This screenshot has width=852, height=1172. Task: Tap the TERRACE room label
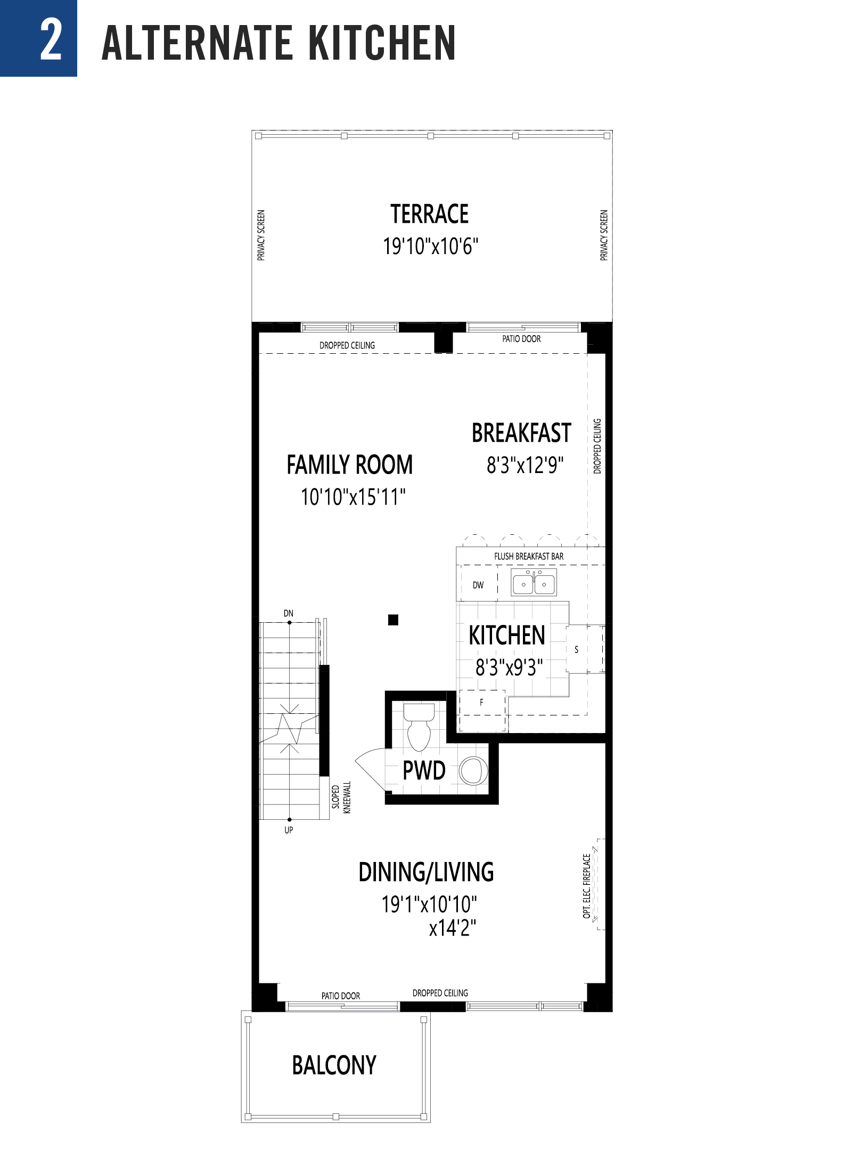click(x=429, y=214)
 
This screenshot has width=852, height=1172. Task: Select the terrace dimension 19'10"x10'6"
click(x=430, y=247)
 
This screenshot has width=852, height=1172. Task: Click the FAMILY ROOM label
click(x=349, y=465)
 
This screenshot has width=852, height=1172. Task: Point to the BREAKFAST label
click(x=521, y=433)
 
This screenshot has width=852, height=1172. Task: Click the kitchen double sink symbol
click(x=534, y=582)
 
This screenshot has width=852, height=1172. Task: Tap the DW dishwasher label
click(x=478, y=585)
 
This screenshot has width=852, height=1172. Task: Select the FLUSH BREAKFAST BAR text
click(x=528, y=556)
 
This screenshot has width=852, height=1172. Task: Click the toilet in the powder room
click(x=419, y=727)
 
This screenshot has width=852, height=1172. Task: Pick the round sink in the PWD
click(x=472, y=770)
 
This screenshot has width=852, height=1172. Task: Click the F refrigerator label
click(x=481, y=702)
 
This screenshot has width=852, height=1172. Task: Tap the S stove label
click(x=576, y=649)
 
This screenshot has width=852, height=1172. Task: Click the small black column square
click(x=393, y=620)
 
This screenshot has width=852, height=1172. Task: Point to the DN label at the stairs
click(x=288, y=613)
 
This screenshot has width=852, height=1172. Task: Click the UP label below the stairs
click(x=289, y=829)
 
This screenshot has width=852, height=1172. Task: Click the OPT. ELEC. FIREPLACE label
click(x=586, y=886)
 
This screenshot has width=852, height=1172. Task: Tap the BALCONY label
click(x=334, y=1065)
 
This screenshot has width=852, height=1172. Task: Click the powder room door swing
click(x=370, y=769)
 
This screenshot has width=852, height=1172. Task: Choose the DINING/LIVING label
click(x=426, y=872)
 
